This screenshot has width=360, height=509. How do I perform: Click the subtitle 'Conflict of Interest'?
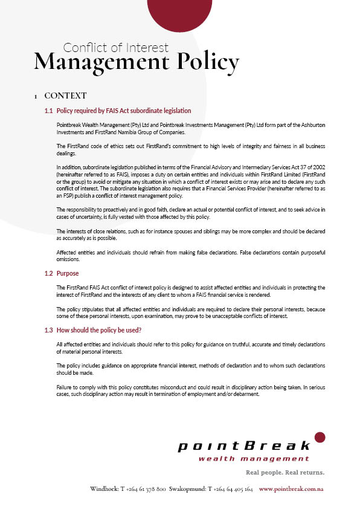116,47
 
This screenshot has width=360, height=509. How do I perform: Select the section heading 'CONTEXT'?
65,96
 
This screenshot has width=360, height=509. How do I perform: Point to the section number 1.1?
49,111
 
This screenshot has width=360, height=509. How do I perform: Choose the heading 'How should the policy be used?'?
98,330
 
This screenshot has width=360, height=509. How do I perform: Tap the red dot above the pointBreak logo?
320,436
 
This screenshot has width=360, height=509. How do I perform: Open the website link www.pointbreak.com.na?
291,488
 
